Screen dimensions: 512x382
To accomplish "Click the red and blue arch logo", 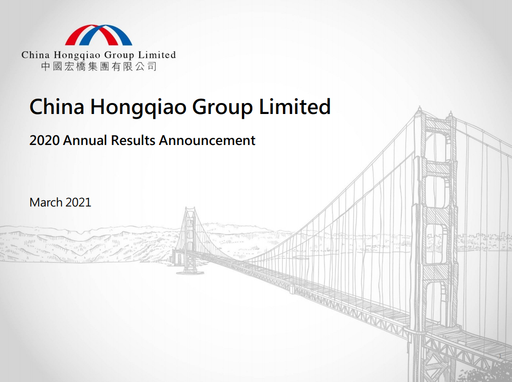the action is (99, 35).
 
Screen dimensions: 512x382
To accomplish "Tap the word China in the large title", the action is (57, 106).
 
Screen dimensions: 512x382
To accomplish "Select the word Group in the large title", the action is (222, 107).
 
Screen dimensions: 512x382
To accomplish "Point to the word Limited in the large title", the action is (295, 106).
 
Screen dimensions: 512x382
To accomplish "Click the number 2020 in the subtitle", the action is (44, 141).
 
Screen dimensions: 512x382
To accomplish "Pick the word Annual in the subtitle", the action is (85, 141).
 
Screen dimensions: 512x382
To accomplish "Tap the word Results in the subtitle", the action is (133, 141).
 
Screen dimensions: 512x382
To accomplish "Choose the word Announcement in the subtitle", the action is (207, 141).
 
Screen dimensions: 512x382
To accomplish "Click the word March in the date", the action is (46, 202).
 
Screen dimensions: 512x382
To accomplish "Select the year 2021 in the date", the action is (78, 202).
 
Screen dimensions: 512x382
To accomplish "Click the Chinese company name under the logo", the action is (99, 67).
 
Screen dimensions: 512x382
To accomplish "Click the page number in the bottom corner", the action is (500, 356).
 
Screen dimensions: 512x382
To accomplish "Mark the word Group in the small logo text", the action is (119, 55).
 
